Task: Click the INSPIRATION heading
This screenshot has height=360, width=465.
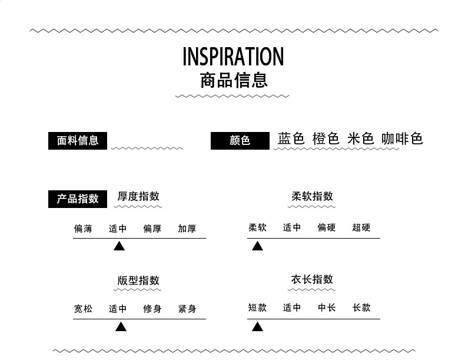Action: (x=233, y=57)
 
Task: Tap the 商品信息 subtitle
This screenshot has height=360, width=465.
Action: (x=234, y=80)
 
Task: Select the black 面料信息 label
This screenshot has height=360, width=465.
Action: (x=78, y=141)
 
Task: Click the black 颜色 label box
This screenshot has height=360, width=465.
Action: (x=240, y=141)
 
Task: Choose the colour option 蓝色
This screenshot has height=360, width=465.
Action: (x=291, y=139)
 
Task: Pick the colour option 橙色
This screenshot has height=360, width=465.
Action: (x=325, y=139)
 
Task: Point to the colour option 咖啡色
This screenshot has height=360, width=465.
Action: (x=402, y=139)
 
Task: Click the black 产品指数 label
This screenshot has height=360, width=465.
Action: (x=78, y=199)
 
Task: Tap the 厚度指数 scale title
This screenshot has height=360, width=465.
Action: (x=138, y=197)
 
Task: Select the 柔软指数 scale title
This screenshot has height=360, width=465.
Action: (x=312, y=197)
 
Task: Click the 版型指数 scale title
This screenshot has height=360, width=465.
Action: (x=138, y=280)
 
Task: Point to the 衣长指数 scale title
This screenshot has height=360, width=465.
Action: (x=312, y=279)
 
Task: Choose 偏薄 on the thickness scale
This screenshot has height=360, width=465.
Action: (x=83, y=229)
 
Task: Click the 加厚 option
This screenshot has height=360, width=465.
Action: (x=187, y=229)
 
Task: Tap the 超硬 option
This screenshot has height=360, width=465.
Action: (x=361, y=227)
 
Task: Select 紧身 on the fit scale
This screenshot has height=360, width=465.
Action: (x=187, y=309)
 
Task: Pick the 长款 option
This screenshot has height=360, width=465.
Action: (x=361, y=308)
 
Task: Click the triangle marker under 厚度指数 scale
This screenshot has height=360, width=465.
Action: (x=119, y=246)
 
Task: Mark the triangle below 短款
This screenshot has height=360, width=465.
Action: (x=257, y=326)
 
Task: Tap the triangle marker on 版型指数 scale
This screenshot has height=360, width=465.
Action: (x=121, y=326)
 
